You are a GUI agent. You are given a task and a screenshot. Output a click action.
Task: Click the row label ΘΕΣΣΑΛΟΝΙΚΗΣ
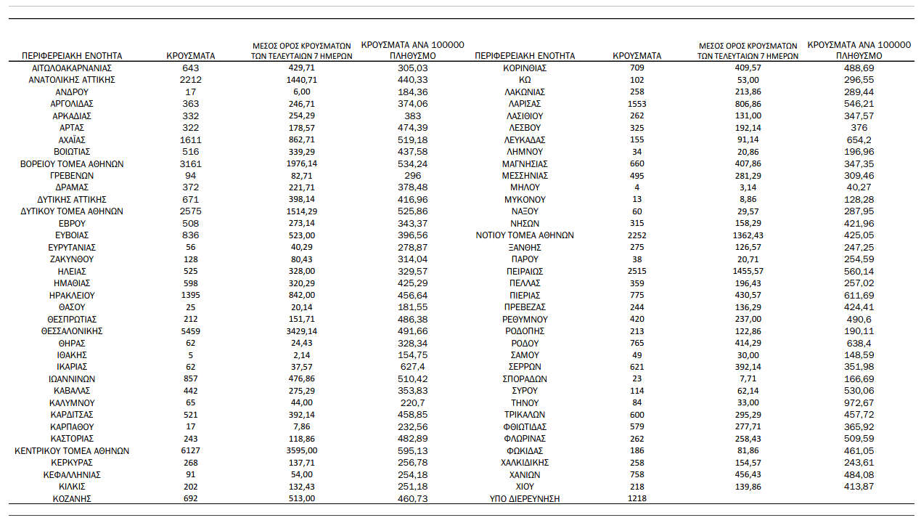click(x=72, y=331)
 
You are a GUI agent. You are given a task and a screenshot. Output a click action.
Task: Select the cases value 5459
click(x=191, y=331)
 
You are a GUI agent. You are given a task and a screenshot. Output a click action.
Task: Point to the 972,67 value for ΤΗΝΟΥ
click(x=859, y=403)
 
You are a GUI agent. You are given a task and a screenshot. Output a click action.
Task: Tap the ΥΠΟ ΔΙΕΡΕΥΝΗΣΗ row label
click(x=525, y=499)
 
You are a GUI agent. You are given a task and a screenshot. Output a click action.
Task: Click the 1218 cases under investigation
click(x=636, y=499)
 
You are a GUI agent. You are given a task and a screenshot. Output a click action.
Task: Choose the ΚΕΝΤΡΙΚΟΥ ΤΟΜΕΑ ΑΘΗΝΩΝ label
click(x=72, y=451)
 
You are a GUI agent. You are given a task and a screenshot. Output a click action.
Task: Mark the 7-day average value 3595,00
click(x=301, y=451)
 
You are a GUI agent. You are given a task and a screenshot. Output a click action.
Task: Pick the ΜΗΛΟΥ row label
click(x=525, y=187)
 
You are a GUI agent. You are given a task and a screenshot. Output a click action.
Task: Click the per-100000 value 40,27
click(x=859, y=187)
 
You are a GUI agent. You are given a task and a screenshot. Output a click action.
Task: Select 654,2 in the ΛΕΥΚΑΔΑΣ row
click(x=859, y=139)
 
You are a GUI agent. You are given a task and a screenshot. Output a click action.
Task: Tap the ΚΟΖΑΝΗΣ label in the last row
click(x=72, y=499)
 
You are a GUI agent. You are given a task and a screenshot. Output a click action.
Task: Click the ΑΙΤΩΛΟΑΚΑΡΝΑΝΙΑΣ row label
click(x=72, y=68)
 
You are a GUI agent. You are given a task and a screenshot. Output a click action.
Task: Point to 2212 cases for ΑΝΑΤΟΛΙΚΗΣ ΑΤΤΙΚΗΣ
click(x=191, y=80)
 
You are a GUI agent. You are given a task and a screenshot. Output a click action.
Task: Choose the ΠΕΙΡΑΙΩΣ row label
click(x=525, y=271)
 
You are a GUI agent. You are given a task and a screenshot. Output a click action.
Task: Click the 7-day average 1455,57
click(x=748, y=271)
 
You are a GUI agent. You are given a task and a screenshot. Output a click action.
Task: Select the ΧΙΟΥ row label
click(x=525, y=487)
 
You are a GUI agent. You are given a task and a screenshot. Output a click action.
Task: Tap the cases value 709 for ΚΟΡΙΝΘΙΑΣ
click(x=636, y=68)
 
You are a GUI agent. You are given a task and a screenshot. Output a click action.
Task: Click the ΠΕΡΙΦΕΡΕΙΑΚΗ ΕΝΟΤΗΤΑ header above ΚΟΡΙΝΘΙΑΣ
click(x=524, y=56)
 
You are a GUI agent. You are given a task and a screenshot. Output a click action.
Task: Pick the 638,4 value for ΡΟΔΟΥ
click(x=859, y=343)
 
